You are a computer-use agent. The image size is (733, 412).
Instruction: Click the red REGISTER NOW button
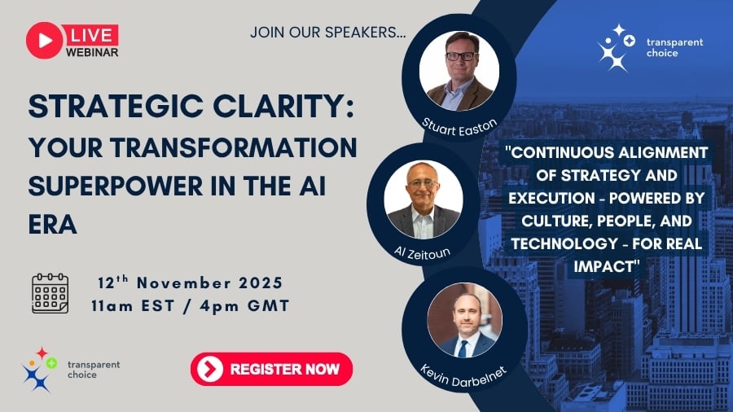point(271,369)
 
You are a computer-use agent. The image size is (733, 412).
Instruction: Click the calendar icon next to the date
point(50,294)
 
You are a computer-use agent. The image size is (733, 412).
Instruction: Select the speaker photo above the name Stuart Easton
point(459,71)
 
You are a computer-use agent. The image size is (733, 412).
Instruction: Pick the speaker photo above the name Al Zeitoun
point(424,198)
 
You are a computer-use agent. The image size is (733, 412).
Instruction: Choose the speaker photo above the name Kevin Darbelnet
point(464,321)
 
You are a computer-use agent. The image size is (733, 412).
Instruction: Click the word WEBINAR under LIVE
point(92,53)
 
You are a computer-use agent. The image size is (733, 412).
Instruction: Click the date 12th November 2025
point(190,283)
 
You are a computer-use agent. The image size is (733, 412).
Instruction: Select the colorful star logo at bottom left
point(38,370)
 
